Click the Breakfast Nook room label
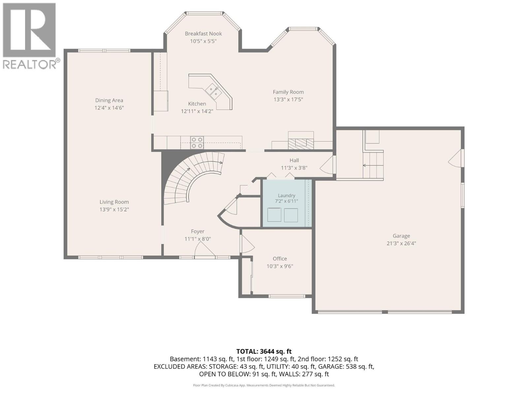[203, 34]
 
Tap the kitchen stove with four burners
[197, 143]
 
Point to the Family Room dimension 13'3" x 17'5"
[288, 99]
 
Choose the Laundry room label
[286, 195]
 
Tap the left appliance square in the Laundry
[274, 215]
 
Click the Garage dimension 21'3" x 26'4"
[401, 243]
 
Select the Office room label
[280, 258]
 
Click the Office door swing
[247, 244]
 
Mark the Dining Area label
[109, 100]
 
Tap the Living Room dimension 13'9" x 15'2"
[114, 210]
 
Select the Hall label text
[294, 160]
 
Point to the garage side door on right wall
[456, 158]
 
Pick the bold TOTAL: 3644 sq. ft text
[264, 351]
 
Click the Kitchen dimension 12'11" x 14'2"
[197, 111]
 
